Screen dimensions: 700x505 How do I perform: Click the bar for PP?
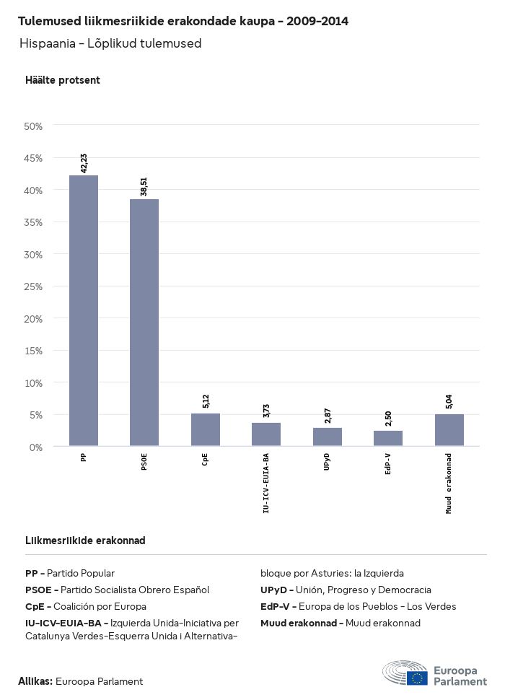[x=84, y=310]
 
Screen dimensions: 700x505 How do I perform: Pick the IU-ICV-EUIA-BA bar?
[x=266, y=434]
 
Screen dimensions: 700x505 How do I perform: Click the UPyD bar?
[x=327, y=437]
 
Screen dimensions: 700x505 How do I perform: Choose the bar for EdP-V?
[x=388, y=438]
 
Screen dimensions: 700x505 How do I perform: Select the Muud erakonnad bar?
[x=449, y=430]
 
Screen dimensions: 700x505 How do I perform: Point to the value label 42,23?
[x=84, y=163]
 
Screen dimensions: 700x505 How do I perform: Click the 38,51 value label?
[x=144, y=187]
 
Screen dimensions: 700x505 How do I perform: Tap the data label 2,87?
[x=327, y=416]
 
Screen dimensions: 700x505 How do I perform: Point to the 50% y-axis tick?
[x=34, y=126]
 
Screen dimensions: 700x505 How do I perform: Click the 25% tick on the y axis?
[x=34, y=286]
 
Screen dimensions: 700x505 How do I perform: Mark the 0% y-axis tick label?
[x=36, y=447]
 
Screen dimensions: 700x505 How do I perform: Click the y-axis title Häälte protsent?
[x=63, y=80]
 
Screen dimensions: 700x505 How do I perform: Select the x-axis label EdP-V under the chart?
[x=388, y=464]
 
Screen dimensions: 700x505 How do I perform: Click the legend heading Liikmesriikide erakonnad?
[x=85, y=541]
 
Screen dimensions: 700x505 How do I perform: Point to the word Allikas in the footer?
[x=35, y=681]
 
